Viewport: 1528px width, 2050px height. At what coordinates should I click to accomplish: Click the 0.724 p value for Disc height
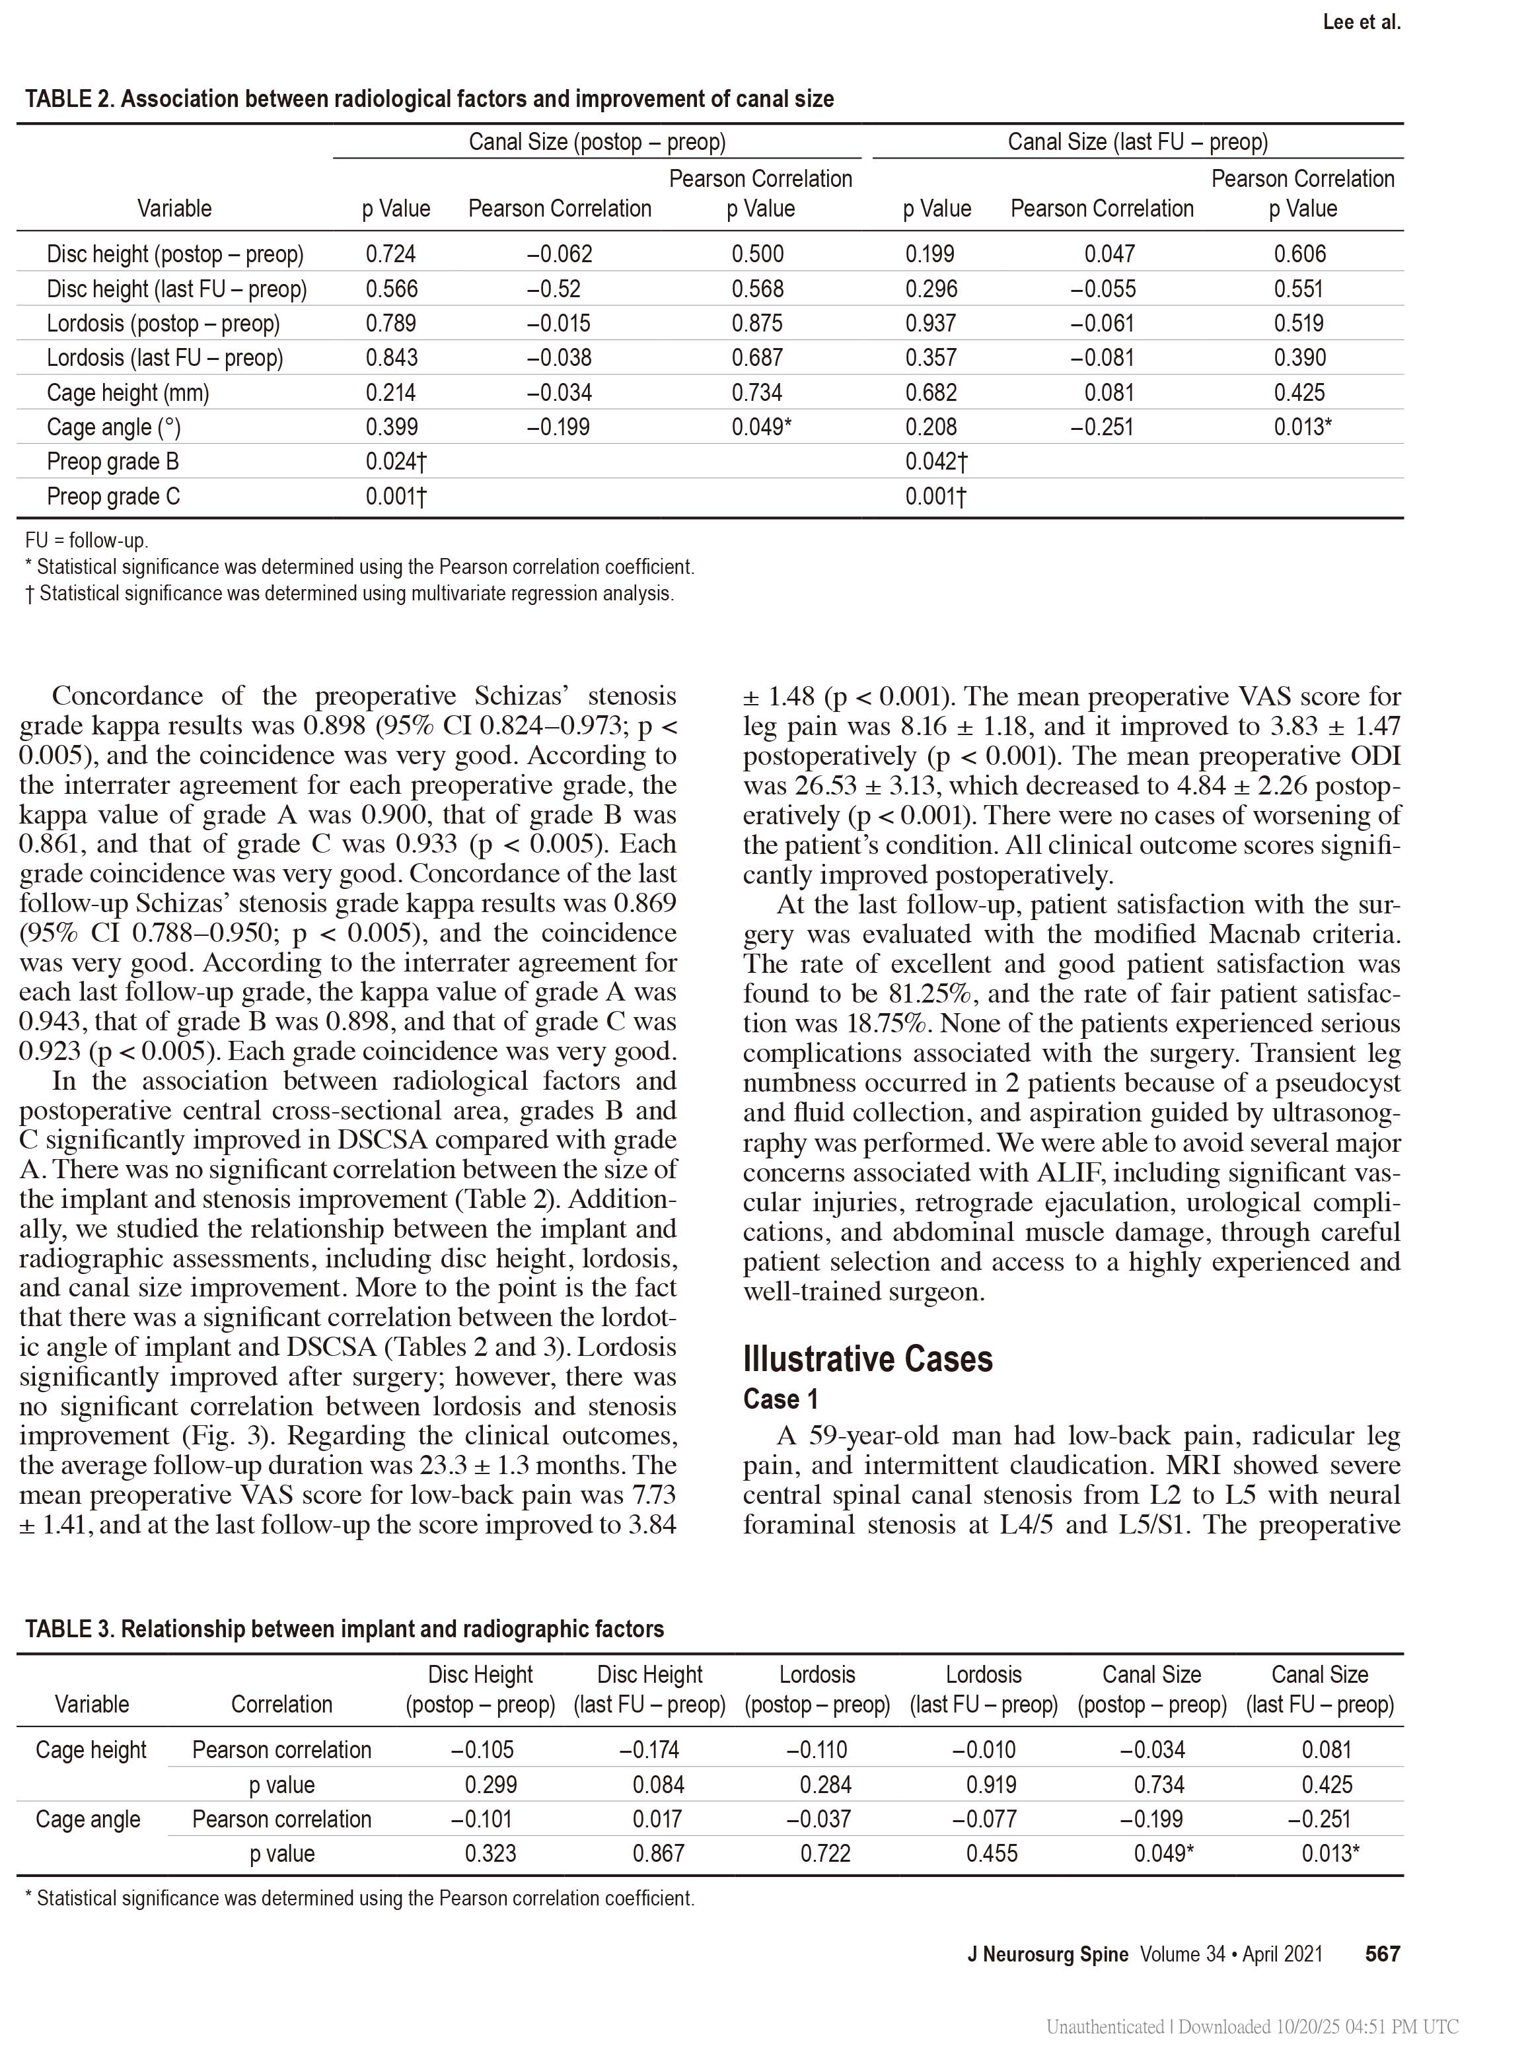click(x=390, y=254)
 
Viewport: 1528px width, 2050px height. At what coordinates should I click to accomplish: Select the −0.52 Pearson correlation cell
click(x=554, y=289)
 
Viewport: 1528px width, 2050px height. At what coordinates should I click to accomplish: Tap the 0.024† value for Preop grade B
click(x=396, y=462)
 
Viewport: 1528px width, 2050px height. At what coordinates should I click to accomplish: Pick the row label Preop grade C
click(x=114, y=497)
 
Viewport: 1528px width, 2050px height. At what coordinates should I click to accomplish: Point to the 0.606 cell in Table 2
click(x=1299, y=254)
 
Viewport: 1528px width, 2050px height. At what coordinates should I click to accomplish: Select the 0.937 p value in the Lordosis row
click(x=931, y=324)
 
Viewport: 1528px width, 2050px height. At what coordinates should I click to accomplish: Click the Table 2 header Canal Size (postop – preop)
click(x=597, y=141)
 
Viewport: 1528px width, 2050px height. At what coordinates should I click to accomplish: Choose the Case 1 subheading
click(x=781, y=1399)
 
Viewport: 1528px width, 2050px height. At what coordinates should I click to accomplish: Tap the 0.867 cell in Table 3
click(x=659, y=1853)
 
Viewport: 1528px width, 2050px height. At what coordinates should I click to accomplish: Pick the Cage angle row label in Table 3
click(x=88, y=1819)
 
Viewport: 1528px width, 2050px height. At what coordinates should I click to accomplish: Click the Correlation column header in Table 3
click(x=281, y=1704)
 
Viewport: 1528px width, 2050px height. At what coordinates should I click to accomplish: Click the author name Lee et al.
click(x=1362, y=22)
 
